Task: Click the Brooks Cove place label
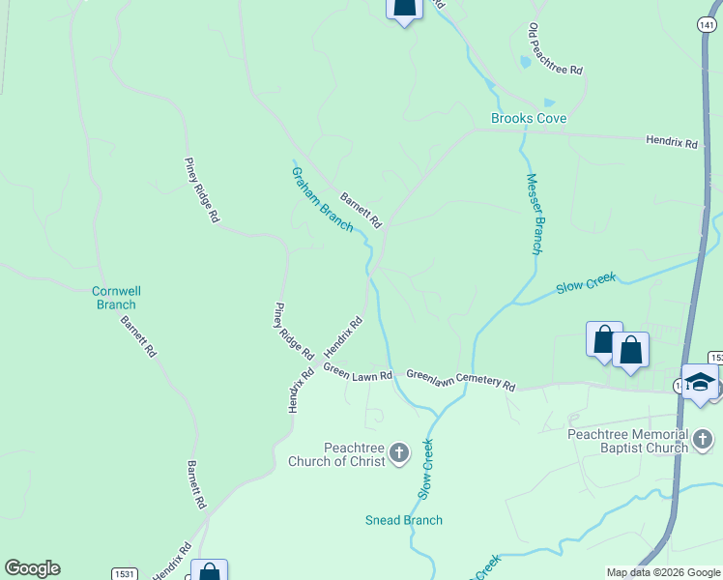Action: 528,118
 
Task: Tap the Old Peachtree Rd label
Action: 555,50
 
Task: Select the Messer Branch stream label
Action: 535,214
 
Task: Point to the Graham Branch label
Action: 322,199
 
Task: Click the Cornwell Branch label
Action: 115,297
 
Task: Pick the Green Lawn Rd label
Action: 358,372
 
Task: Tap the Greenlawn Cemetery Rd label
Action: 460,379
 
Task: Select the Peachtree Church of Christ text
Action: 336,454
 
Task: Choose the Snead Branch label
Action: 404,520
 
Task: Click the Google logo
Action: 32,568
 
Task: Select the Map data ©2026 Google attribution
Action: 663,572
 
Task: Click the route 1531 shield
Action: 123,573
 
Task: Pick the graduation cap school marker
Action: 700,383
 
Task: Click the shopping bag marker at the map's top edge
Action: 404,8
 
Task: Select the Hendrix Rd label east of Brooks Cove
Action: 672,142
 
